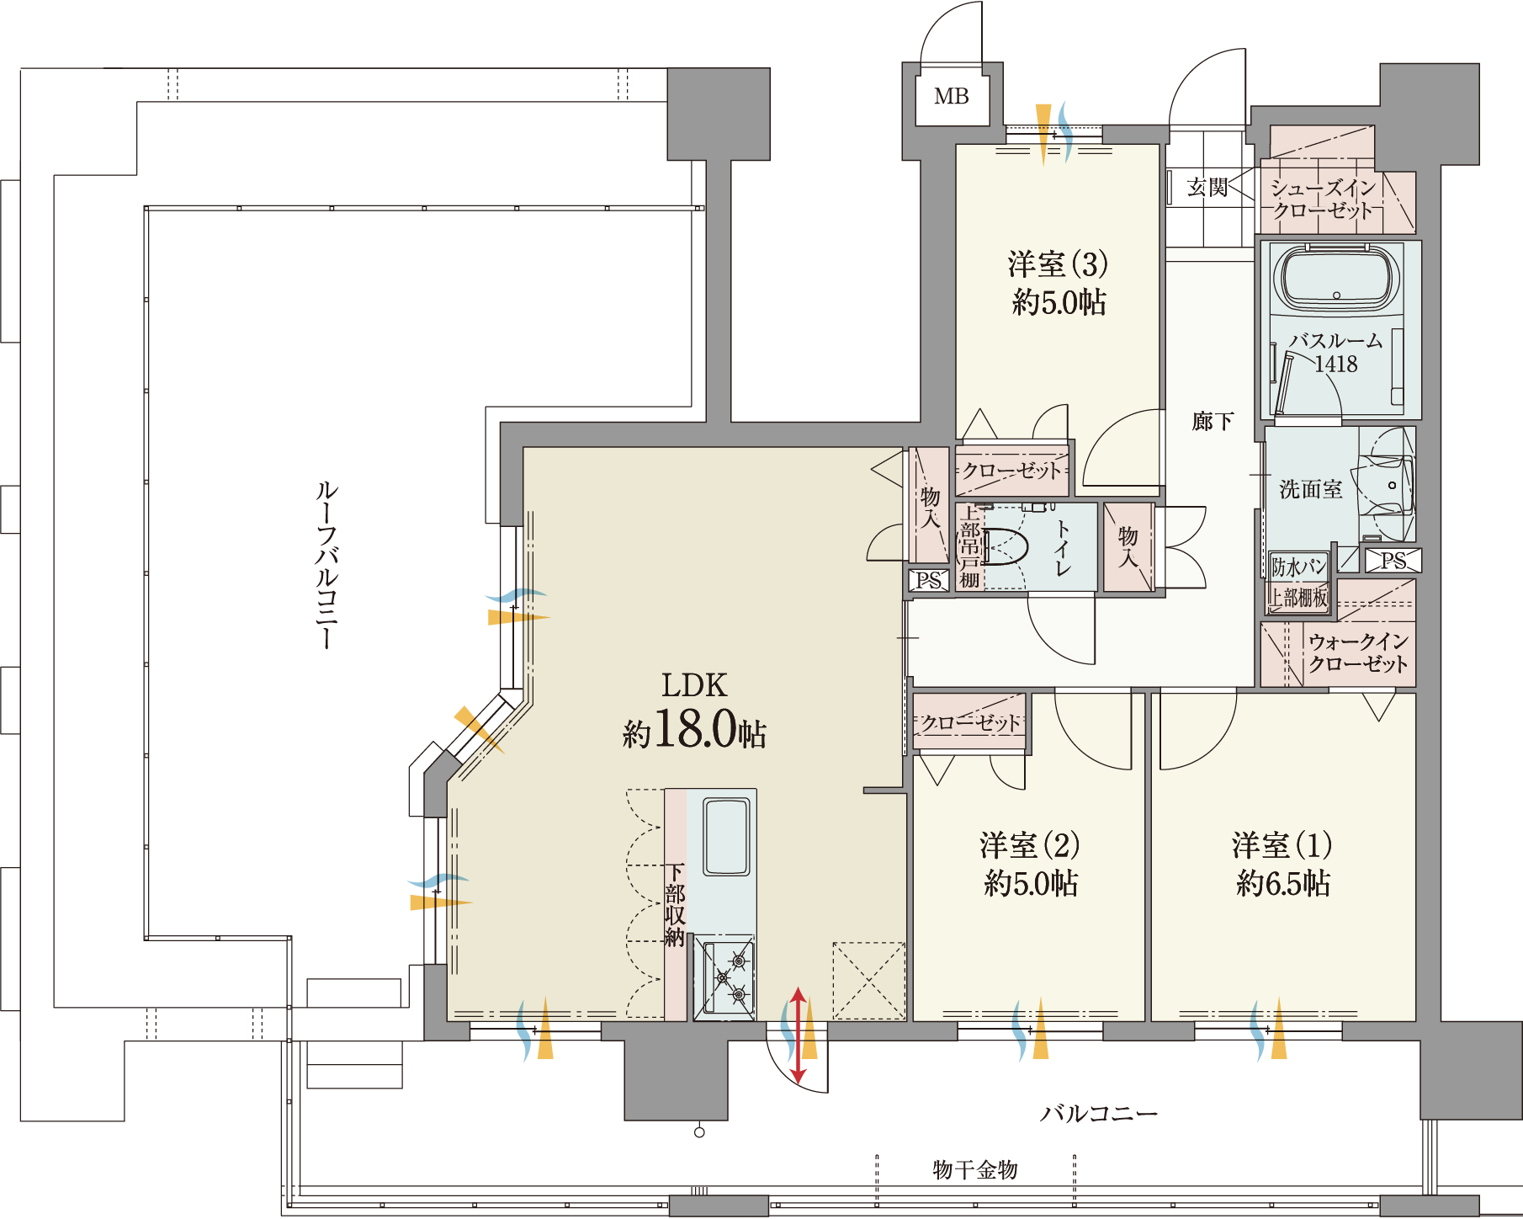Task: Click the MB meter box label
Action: [x=952, y=97]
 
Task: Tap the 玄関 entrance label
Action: [x=1207, y=187]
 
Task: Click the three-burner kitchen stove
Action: [x=724, y=977]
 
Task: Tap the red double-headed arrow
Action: [x=798, y=1035]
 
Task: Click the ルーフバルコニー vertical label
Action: [x=326, y=564]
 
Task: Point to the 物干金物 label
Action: [x=975, y=1169]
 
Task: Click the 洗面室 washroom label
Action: [x=1310, y=489]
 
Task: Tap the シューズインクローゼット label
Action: [x=1322, y=199]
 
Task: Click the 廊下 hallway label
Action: [x=1213, y=421]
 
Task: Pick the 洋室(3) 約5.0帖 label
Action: [x=1059, y=283]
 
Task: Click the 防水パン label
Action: [x=1298, y=567]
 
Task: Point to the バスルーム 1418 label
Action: [x=1336, y=352]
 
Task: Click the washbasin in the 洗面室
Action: [x=1388, y=485]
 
